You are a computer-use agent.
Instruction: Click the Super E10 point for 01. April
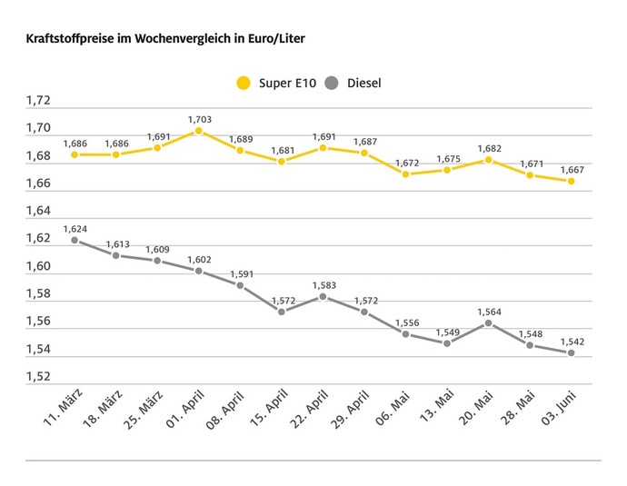[199, 131]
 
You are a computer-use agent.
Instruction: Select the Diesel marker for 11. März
[75, 241]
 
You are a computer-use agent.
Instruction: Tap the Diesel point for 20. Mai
[489, 323]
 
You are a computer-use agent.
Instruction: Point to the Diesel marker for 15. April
[282, 312]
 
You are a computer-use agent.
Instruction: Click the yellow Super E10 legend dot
[243, 84]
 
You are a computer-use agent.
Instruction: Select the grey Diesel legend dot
[332, 84]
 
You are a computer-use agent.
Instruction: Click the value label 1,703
[199, 119]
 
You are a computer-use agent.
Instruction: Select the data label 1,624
[75, 229]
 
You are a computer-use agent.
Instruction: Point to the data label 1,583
[323, 285]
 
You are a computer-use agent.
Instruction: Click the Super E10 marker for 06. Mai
[406, 174]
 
